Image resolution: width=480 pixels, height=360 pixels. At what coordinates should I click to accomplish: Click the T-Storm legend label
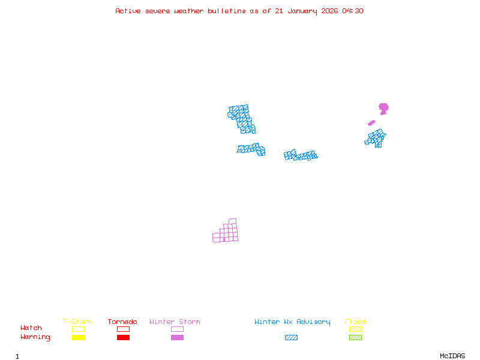(x=77, y=322)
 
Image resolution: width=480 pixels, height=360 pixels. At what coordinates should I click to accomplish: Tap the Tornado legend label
(x=122, y=322)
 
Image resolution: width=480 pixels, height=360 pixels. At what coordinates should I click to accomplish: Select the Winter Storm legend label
(x=175, y=322)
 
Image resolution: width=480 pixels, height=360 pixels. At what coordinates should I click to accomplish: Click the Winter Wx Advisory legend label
(x=292, y=322)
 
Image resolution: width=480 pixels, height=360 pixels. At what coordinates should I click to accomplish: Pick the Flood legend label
(x=355, y=322)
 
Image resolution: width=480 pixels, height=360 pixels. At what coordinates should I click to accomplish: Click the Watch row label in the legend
(x=31, y=328)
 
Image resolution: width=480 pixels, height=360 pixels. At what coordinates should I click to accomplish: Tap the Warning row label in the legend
(x=35, y=337)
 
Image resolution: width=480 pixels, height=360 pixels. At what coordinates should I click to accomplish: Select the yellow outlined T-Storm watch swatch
(x=78, y=329)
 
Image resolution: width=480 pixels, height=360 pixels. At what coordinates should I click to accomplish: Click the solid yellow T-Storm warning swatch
(x=78, y=338)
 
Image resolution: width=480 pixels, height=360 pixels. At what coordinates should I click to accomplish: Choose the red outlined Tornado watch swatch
(x=123, y=329)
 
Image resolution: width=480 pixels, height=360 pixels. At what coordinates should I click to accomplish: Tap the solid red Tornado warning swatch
(x=123, y=338)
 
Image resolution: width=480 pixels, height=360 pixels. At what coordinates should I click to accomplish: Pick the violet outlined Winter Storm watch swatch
(x=177, y=329)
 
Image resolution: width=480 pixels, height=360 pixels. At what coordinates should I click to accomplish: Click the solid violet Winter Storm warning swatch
(x=177, y=338)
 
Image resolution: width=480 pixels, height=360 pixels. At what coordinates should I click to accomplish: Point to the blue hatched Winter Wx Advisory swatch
(x=291, y=338)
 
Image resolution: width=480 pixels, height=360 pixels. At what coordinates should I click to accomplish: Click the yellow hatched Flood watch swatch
(x=355, y=329)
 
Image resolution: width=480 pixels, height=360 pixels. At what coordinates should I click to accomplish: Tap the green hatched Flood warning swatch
(x=355, y=338)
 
